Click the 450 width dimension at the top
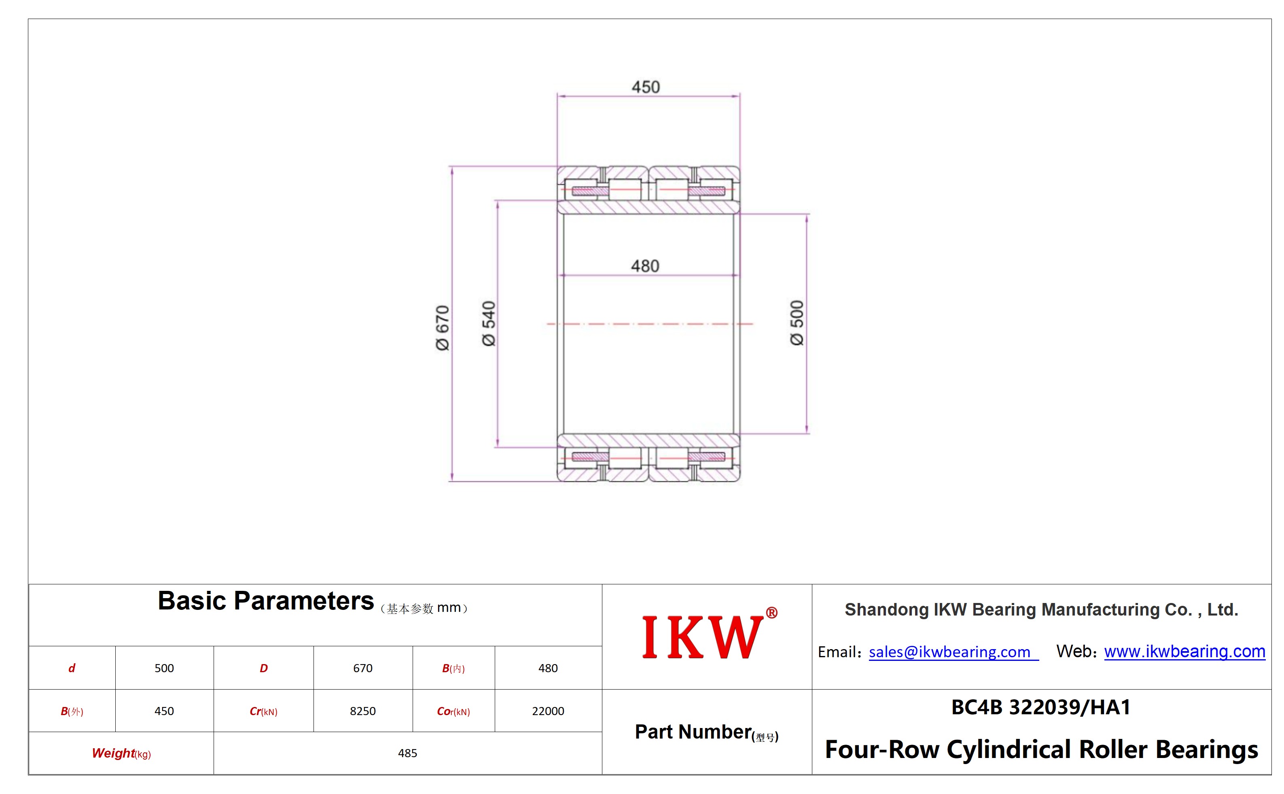[645, 87]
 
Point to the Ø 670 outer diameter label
[443, 328]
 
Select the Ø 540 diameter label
[489, 323]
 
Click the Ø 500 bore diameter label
[797, 323]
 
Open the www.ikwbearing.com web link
[1184, 651]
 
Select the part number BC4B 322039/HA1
[1041, 707]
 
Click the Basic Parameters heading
[266, 600]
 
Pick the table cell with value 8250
[363, 711]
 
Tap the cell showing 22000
[548, 711]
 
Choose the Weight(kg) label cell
[121, 754]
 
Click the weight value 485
[407, 753]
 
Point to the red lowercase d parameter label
[72, 668]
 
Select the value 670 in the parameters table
[363, 668]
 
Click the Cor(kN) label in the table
[453, 711]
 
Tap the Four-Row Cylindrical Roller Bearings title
[1041, 749]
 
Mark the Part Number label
[707, 732]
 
